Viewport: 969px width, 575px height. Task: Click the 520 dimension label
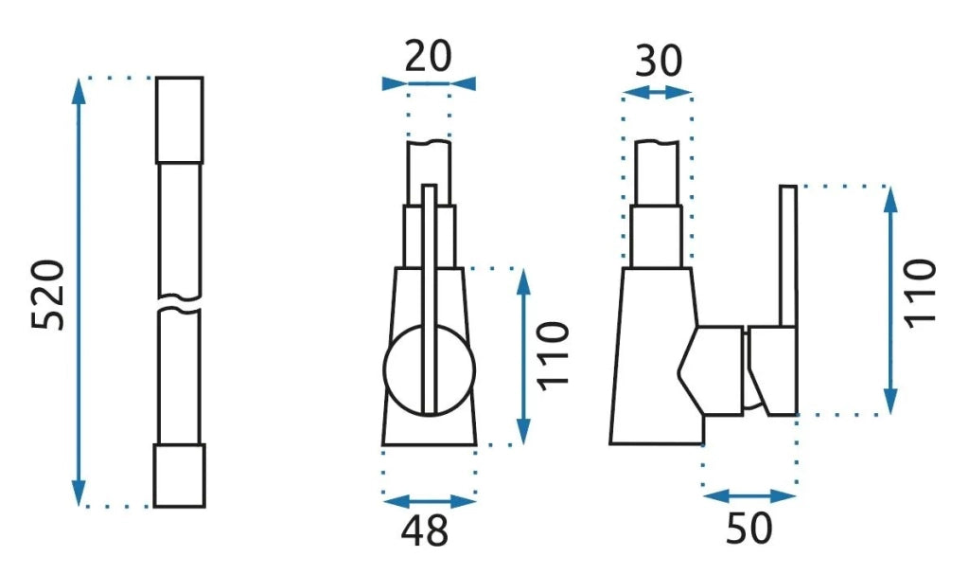48,295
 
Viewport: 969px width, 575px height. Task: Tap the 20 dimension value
429,56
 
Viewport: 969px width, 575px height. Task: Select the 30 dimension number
659,61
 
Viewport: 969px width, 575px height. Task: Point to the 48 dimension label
425,530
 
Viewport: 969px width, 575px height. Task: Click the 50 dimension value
749,528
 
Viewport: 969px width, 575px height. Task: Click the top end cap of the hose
179,120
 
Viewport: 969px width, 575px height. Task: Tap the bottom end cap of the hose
179,476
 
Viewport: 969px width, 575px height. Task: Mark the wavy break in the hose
179,303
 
